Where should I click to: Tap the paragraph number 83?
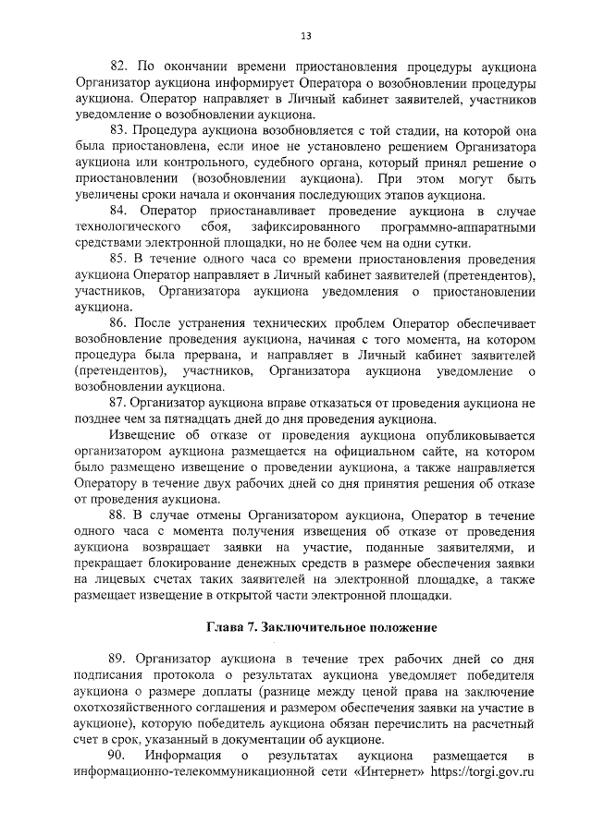(118, 130)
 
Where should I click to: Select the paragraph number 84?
(118, 211)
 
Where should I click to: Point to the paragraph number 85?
(118, 258)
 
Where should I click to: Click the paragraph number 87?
(118, 402)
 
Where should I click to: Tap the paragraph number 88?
(118, 515)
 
